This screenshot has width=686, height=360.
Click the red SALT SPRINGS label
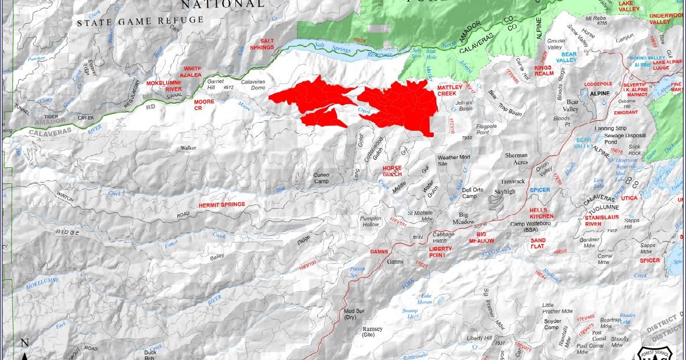coord(263,44)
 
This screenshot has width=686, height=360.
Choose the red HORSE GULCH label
coord(392,171)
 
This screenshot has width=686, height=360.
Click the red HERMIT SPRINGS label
coord(222,204)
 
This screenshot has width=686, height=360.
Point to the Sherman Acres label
coord(516,158)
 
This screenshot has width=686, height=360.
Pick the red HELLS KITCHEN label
coord(542,213)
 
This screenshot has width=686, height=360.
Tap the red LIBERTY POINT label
coord(440,252)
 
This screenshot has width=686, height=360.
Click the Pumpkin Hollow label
coord(370,222)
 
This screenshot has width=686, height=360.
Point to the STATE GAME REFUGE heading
coord(141,21)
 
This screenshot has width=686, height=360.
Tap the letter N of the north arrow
coord(24,343)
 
